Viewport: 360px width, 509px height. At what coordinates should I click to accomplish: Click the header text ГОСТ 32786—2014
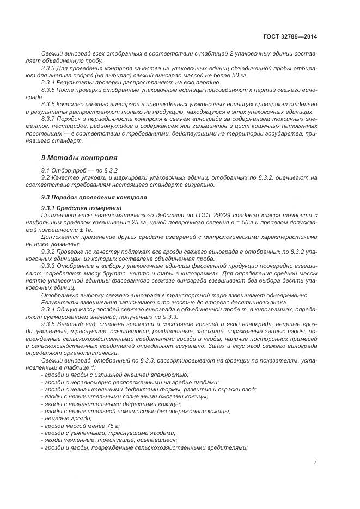(290, 36)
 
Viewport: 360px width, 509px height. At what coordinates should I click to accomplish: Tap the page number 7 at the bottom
(315, 462)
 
